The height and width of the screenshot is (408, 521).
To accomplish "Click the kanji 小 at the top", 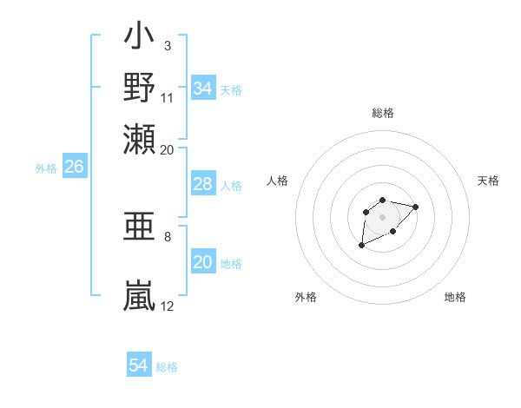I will pyautogui.click(x=140, y=38).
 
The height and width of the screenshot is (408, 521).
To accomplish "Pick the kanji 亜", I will pyautogui.click(x=140, y=227).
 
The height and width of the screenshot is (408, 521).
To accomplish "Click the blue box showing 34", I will pyautogui.click(x=202, y=89).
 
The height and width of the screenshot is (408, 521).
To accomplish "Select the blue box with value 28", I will pyautogui.click(x=202, y=184).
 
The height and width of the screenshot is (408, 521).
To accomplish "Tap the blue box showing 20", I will pyautogui.click(x=202, y=262).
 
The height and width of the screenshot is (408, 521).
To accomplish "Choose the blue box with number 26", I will pyautogui.click(x=74, y=167).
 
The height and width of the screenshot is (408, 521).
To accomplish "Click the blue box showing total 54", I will pyautogui.click(x=138, y=365).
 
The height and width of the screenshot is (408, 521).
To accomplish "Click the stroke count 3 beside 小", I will pyautogui.click(x=167, y=45).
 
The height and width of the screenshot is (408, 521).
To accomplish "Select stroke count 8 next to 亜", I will pyautogui.click(x=167, y=236).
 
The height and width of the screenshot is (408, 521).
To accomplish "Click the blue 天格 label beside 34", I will pyautogui.click(x=231, y=89).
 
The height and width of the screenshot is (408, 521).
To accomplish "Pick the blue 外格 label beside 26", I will pyautogui.click(x=45, y=168).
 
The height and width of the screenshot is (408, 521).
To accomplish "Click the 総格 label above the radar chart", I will pyautogui.click(x=382, y=113).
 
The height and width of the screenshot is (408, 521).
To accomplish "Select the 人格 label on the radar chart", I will pyautogui.click(x=278, y=181).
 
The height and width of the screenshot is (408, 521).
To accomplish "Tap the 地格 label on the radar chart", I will pyautogui.click(x=455, y=297).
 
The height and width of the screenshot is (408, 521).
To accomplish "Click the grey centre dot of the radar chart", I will pyautogui.click(x=382, y=216).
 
